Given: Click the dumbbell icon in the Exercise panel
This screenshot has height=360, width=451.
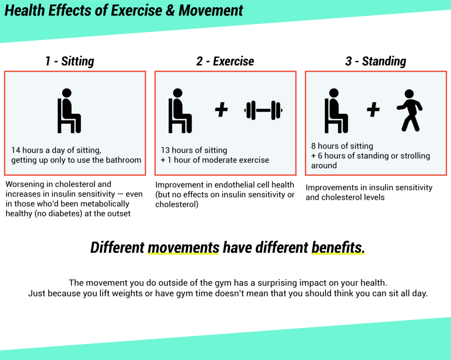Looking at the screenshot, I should [x=263, y=110].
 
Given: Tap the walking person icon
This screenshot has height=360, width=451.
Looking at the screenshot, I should [x=409, y=110].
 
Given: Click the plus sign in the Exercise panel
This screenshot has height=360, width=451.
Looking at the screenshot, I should [x=221, y=110].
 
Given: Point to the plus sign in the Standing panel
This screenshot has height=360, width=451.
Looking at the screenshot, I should [x=373, y=110].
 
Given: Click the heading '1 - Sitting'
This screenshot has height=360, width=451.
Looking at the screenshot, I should [x=70, y=61].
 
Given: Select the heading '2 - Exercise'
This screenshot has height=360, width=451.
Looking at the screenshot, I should [x=225, y=61].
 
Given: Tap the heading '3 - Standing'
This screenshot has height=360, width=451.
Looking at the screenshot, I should [x=376, y=61].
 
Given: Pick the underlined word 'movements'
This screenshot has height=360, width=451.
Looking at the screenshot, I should [x=183, y=248].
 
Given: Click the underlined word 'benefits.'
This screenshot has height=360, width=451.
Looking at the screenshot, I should [x=338, y=248].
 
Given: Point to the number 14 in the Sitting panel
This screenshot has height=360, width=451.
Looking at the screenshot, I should [x=16, y=150].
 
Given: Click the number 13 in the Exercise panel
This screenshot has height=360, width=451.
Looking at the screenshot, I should [x=166, y=150].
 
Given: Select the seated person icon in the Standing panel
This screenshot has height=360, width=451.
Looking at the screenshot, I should [x=336, y=111].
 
